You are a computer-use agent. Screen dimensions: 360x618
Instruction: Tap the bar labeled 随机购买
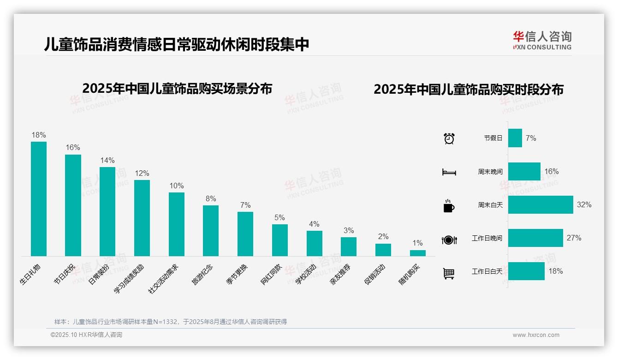pos(417,253)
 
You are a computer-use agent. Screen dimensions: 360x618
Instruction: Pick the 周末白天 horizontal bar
pos(541,204)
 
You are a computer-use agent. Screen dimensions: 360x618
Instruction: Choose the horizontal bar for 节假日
pos(515,138)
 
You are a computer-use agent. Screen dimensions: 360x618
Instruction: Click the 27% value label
pos(574,238)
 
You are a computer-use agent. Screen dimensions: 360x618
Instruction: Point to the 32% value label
pos(584,205)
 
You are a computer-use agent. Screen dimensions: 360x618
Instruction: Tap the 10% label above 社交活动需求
pos(176,186)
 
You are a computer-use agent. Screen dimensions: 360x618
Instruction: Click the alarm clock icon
pos(449,138)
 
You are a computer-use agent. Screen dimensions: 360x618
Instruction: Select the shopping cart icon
pos(449,273)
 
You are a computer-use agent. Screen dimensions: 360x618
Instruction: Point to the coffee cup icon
pos(449,206)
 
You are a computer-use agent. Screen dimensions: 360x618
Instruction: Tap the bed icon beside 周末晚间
pos(449,172)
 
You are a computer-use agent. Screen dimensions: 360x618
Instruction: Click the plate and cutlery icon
pos(449,240)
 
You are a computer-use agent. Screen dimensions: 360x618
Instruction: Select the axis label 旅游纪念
pos(203,274)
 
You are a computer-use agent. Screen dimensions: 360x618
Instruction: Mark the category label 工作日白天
pos(487,271)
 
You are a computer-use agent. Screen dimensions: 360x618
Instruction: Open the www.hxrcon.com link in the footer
pos(536,335)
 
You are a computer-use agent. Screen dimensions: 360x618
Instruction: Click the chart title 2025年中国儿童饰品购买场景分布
pos(177,88)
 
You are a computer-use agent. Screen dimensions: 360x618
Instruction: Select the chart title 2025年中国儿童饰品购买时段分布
pos(469,90)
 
